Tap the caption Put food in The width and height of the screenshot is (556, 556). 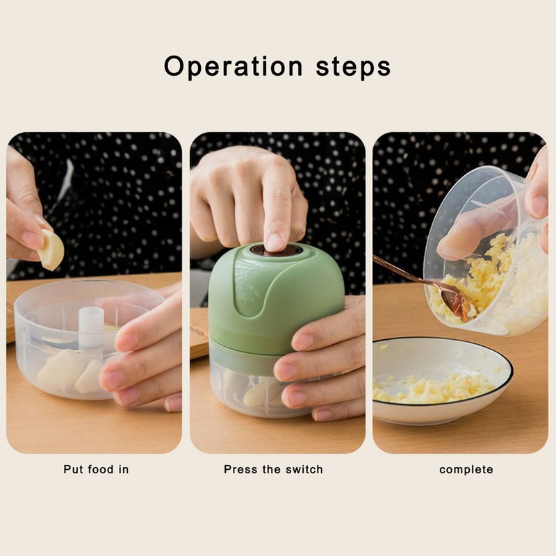tap(96, 470)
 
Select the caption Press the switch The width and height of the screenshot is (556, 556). tap(273, 470)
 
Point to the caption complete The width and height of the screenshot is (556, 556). tap(466, 471)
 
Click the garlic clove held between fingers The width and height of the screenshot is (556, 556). tap(51, 250)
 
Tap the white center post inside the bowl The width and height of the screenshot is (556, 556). tap(91, 326)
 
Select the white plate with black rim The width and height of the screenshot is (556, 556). tap(442, 380)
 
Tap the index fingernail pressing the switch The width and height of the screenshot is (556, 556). tap(274, 242)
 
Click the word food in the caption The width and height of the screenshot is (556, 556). tap(101, 470)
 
